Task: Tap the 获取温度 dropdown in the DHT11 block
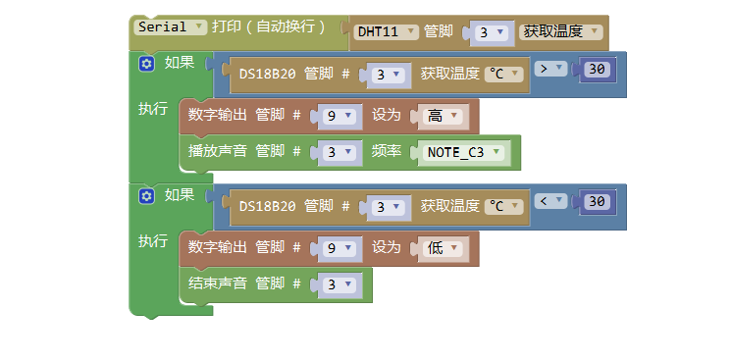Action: coord(560,31)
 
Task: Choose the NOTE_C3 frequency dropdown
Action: coord(463,152)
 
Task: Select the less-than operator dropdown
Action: coord(551,201)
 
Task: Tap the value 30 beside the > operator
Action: coord(598,70)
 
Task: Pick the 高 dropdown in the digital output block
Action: coord(442,116)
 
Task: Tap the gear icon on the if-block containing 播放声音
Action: coord(147,64)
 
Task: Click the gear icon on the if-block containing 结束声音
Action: coord(147,196)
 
